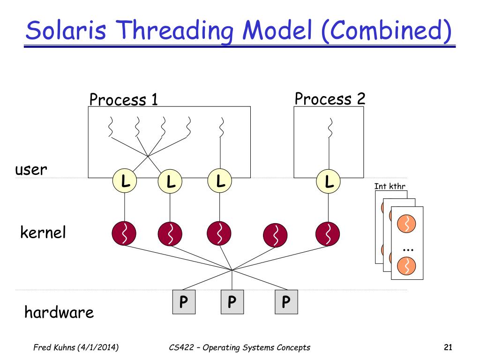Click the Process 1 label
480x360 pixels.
pos(123,100)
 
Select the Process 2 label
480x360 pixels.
pos(330,99)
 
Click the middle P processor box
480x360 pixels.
pos(232,302)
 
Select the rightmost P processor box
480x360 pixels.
pos(286,302)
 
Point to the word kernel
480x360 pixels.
pos(43,232)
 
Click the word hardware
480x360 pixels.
pos(59,312)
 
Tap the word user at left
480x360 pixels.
pos(31,170)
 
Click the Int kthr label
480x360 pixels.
pos(390,187)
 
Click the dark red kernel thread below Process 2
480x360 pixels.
pos(328,233)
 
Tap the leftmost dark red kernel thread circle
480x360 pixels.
pos(124,233)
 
